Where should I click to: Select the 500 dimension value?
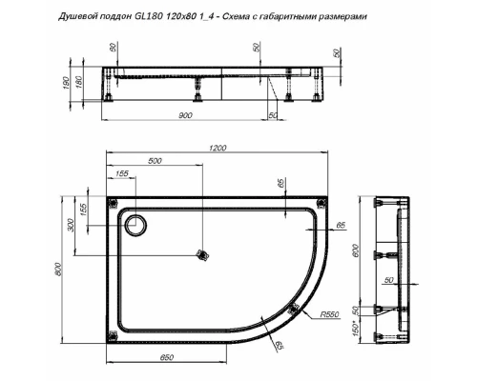156,160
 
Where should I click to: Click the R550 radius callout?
331,312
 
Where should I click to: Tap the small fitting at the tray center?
200,254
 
